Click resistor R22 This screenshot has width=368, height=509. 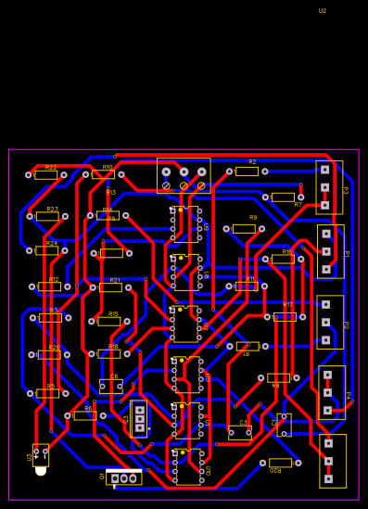46,174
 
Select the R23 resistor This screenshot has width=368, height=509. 47,216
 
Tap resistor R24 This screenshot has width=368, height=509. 47,250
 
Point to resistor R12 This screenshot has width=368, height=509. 49,286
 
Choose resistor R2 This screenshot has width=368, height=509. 247,171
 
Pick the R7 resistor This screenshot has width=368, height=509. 283,197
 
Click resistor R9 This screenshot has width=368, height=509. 244,228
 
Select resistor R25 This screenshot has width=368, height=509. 48,354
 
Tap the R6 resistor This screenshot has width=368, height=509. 84,415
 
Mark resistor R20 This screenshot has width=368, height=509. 280,463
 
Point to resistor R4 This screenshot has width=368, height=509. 278,377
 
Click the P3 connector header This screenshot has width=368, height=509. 328,187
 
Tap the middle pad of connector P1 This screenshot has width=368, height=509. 326,251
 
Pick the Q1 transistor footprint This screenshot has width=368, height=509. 124,478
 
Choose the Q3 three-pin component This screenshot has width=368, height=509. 139,418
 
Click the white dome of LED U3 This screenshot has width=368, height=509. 41,471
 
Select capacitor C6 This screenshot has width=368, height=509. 110,386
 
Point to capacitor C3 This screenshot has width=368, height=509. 240,432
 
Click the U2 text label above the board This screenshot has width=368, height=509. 323,11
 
